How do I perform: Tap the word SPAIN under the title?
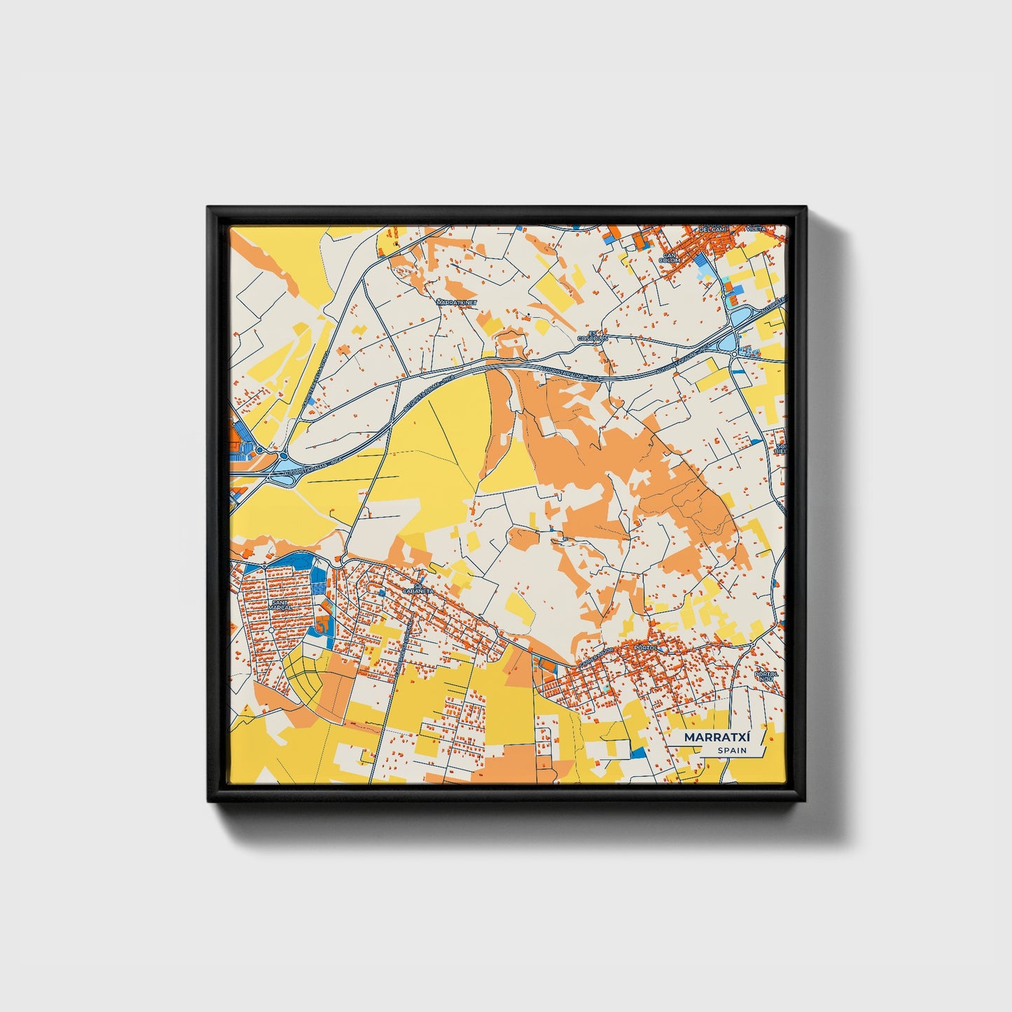tap(732, 751)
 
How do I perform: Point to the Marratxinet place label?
tap(456, 303)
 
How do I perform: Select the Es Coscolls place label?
tap(595, 335)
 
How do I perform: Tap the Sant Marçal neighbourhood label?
tap(279, 604)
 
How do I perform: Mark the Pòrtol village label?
tap(645, 648)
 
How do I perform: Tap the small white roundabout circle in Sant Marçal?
tap(271, 630)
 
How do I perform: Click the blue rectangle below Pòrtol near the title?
tap(637, 753)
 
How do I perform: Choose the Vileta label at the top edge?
tap(756, 229)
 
